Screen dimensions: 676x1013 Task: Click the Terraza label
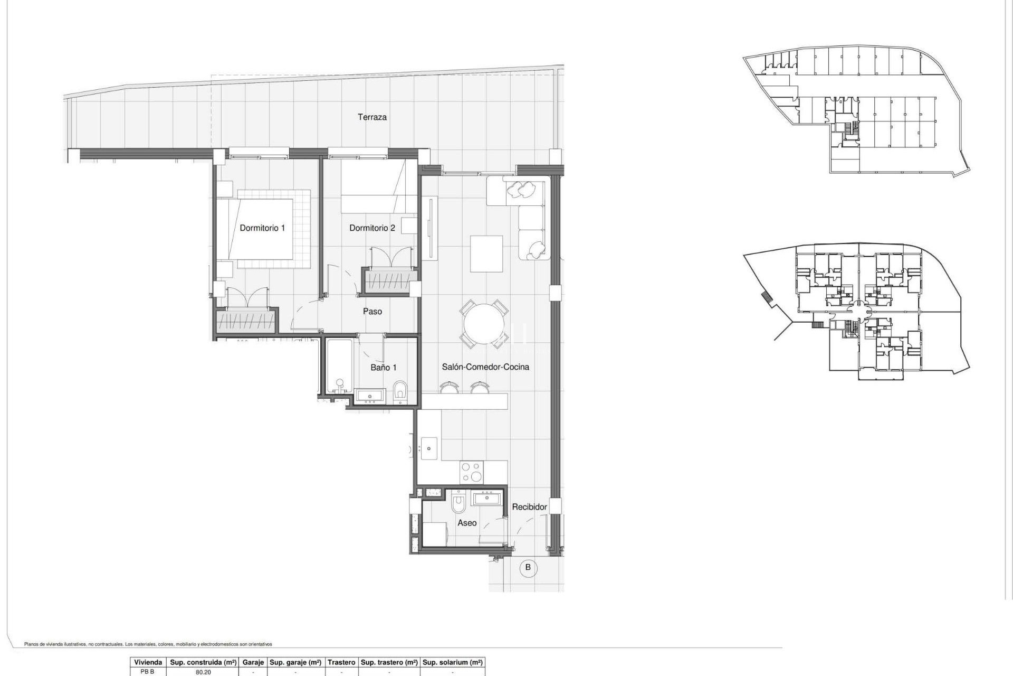pos(372,117)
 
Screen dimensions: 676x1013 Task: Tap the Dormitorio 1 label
pos(262,228)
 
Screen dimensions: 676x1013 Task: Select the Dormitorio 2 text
pos(372,228)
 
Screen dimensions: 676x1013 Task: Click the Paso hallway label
pos(372,312)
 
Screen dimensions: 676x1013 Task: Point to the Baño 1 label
pos(383,368)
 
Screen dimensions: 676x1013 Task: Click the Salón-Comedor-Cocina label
pos(485,367)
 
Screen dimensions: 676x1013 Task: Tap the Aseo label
pos(467,523)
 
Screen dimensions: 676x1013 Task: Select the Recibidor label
pos(529,507)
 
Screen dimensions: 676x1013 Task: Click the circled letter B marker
pos(528,568)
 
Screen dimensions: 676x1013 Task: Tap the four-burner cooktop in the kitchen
pos(471,472)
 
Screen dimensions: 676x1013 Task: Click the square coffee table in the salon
pos(486,253)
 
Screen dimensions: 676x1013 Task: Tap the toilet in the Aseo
pos(458,504)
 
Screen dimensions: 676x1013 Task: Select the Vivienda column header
pos(148,662)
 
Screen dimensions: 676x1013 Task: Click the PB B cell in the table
pos(147,672)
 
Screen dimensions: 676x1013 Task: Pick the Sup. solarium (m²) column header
pos(453,662)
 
